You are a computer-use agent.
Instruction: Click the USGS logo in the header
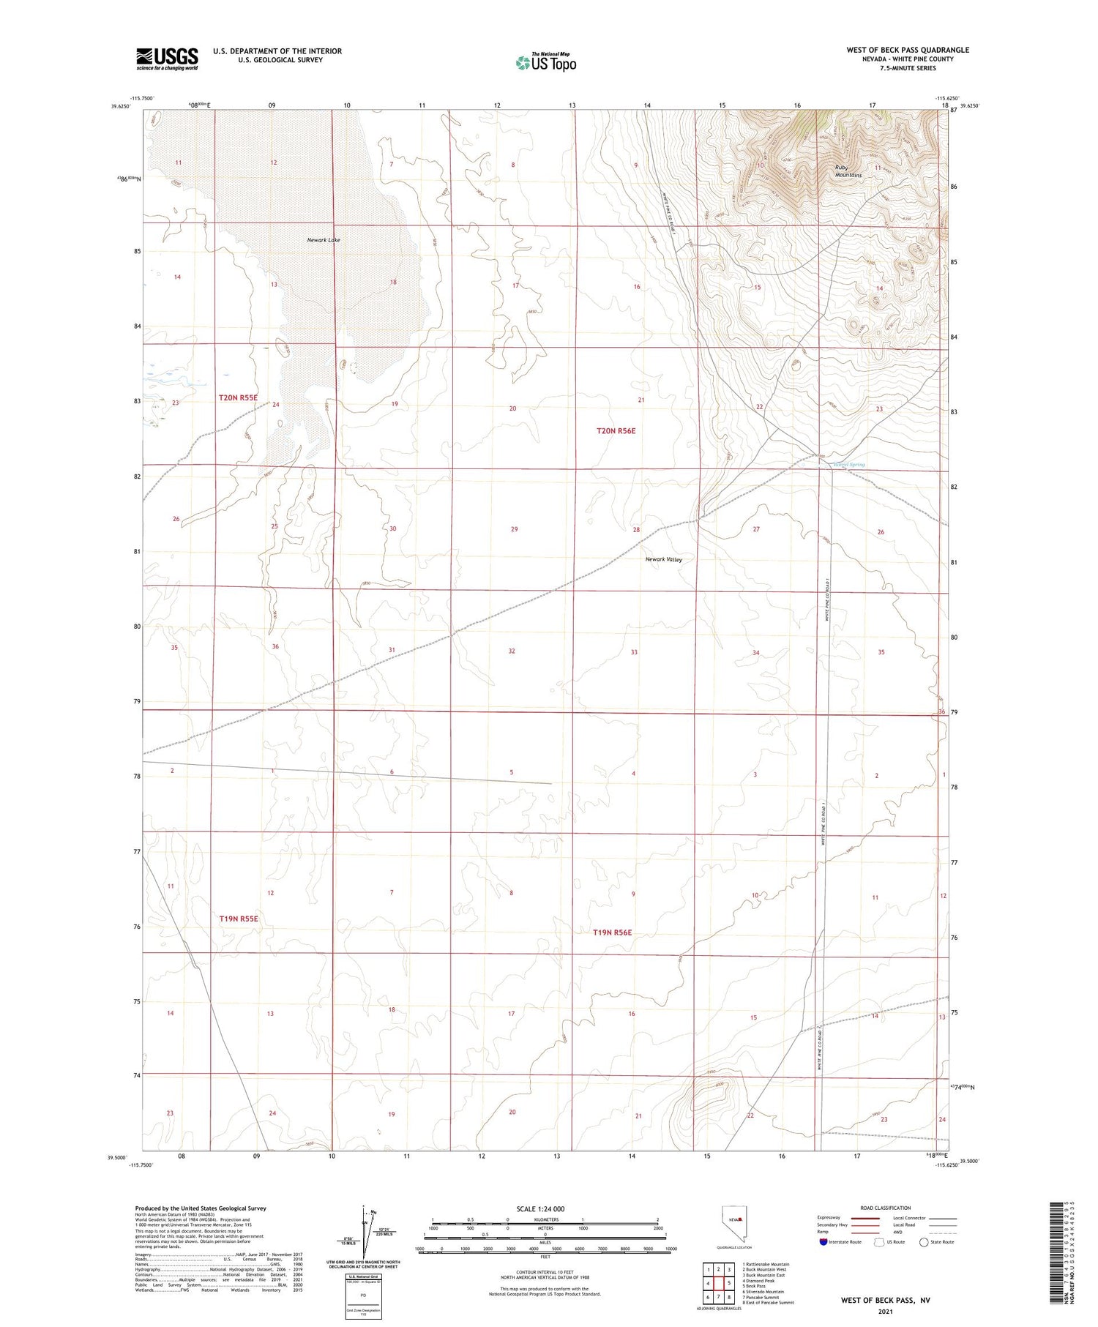point(167,59)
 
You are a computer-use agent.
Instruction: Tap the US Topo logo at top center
point(546,62)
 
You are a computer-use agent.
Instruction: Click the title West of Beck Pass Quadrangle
point(908,50)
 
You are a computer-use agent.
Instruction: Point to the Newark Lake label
point(324,240)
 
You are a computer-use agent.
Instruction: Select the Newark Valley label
point(663,559)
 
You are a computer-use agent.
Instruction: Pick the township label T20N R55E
point(238,397)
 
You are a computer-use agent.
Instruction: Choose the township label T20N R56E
point(616,431)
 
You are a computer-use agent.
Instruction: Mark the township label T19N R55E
point(239,918)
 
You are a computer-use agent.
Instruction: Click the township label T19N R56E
point(612,932)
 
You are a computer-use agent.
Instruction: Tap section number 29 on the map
point(515,529)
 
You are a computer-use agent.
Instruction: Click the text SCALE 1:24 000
point(540,1208)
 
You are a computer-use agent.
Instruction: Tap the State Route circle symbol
point(924,1241)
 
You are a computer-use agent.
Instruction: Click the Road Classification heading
point(886,1208)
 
